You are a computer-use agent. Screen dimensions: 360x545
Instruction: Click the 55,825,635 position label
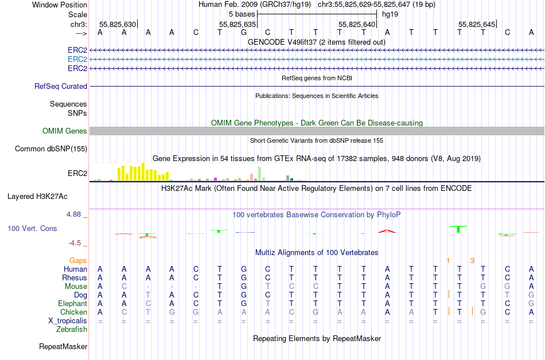(237, 24)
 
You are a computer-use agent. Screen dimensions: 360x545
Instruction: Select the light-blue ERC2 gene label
(77, 59)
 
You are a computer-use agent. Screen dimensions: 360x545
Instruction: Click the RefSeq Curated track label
(61, 86)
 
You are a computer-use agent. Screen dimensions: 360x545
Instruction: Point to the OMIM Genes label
(65, 131)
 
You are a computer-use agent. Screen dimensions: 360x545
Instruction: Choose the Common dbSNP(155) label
(52, 149)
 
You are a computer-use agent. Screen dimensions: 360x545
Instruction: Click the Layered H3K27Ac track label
(37, 196)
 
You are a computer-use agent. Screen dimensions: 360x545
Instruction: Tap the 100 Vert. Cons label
(32, 228)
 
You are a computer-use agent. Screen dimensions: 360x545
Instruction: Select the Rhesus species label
(74, 277)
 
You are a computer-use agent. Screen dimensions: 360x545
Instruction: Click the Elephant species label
(72, 303)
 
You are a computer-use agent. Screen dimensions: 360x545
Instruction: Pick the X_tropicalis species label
(68, 320)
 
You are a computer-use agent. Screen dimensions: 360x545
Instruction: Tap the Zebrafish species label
(72, 329)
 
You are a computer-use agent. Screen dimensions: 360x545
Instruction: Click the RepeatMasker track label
(63, 346)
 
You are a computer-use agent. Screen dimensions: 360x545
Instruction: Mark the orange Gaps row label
(79, 260)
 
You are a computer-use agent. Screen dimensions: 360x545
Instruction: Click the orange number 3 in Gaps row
(472, 260)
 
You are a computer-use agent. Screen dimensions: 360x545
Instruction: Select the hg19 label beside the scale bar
(390, 13)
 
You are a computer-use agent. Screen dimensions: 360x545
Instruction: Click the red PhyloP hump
(387, 231)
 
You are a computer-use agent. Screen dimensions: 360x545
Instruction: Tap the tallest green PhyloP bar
(458, 229)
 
